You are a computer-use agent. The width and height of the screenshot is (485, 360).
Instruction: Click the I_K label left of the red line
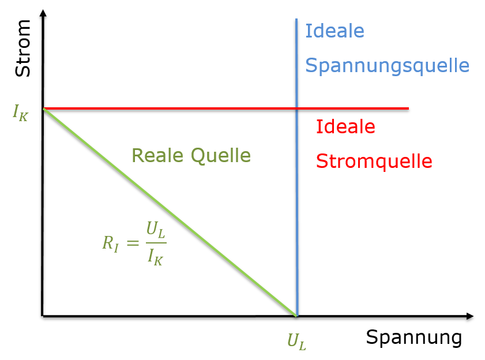point(20,111)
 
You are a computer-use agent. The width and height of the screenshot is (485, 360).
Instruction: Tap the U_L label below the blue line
point(296,342)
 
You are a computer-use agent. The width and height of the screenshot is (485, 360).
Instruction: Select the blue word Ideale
point(334,31)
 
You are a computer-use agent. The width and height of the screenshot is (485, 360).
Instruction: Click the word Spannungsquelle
point(387,66)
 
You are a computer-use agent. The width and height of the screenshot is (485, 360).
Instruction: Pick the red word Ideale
point(345,126)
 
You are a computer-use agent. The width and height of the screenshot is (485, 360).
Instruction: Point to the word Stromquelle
point(374,161)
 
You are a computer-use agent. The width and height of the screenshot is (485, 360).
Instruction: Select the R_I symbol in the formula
point(110,243)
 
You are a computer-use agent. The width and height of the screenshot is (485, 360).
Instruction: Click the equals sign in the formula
point(132,243)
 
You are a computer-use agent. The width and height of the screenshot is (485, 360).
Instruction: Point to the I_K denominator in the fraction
point(155,256)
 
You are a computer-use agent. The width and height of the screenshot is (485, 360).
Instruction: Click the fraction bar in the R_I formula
point(155,243)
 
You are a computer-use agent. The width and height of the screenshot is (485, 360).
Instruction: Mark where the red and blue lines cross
point(296,108)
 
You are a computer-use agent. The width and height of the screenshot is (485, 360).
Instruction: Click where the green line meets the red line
point(44,108)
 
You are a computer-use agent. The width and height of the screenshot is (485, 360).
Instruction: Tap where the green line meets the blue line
point(296,315)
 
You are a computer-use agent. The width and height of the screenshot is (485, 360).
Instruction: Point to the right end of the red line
point(408,108)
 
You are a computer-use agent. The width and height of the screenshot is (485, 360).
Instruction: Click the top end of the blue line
point(296,20)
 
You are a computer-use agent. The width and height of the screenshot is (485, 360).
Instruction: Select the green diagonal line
point(170,212)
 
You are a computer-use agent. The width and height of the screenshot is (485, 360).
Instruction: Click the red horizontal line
point(173,108)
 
